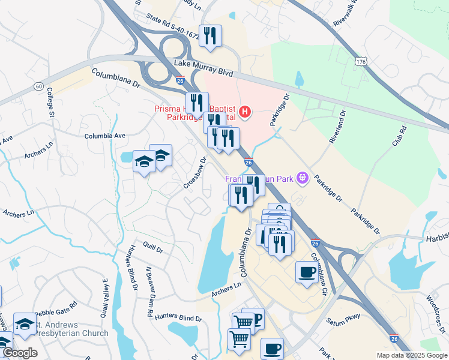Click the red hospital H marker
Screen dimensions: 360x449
click(x=244, y=111)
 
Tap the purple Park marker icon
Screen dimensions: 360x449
click(x=302, y=178)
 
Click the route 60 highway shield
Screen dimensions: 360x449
click(x=38, y=86)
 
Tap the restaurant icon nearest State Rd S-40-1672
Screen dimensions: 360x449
click(x=210, y=36)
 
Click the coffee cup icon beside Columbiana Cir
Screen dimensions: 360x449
click(x=307, y=272)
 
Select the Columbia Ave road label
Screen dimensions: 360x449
click(x=105, y=136)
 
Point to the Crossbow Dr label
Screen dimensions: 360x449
click(x=194, y=172)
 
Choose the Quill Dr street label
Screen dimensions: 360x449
click(x=153, y=246)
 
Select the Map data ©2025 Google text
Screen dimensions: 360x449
click(x=411, y=355)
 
